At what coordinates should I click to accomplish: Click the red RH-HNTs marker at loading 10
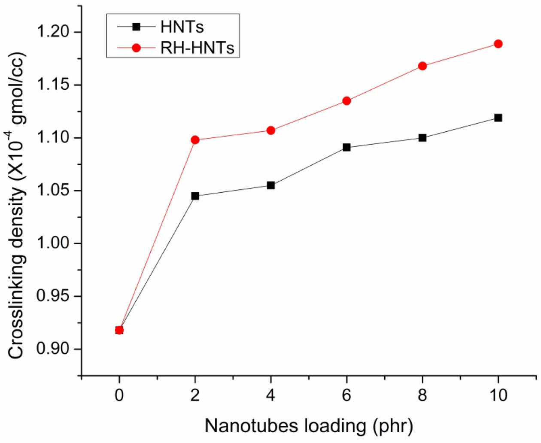pyautogui.click(x=498, y=44)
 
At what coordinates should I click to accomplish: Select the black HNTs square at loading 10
pyautogui.click(x=498, y=118)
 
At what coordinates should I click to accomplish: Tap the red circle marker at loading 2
pyautogui.click(x=195, y=140)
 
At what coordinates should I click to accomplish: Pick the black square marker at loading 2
pyautogui.click(x=195, y=196)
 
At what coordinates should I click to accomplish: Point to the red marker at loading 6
pyautogui.click(x=346, y=101)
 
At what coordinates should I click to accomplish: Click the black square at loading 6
pyautogui.click(x=346, y=147)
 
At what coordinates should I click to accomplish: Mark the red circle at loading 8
pyautogui.click(x=422, y=66)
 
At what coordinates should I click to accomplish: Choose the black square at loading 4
pyautogui.click(x=271, y=185)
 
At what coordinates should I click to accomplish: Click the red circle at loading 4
pyautogui.click(x=271, y=130)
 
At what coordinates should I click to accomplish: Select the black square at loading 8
pyautogui.click(x=422, y=138)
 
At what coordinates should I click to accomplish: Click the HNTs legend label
pyautogui.click(x=182, y=27)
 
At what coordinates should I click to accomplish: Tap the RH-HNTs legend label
pyautogui.click(x=198, y=48)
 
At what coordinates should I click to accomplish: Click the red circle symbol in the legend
pyautogui.click(x=136, y=48)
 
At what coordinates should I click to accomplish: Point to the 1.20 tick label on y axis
pyautogui.click(x=54, y=32)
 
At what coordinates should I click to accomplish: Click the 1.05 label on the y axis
pyautogui.click(x=54, y=191)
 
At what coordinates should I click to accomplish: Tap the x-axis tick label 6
pyautogui.click(x=346, y=395)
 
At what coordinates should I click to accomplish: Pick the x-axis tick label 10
pyautogui.click(x=498, y=395)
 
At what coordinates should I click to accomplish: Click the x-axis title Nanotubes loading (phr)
pyautogui.click(x=308, y=426)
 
